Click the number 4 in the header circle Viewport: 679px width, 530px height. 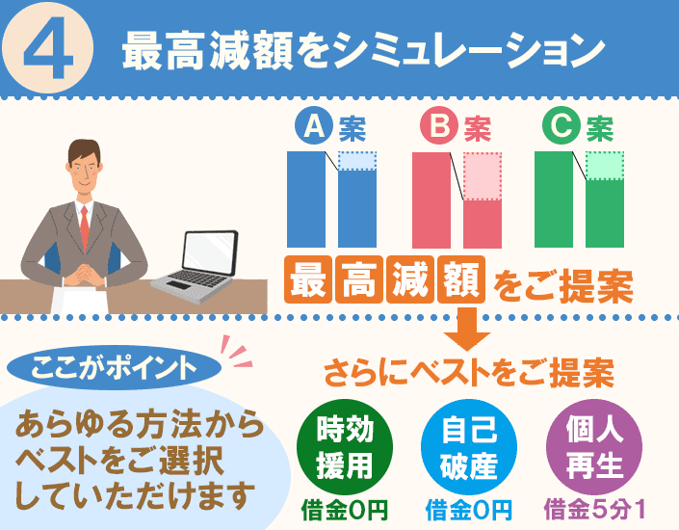[47, 47]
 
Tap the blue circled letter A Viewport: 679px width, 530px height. [314, 125]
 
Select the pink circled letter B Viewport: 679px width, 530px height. [439, 125]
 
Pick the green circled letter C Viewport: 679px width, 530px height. [561, 125]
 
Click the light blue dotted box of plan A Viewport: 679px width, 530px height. [357, 161]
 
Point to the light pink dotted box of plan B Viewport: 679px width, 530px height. [483, 176]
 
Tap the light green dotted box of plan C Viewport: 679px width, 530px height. [605, 166]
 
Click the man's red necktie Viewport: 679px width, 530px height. [85, 227]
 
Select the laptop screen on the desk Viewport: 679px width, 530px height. [210, 252]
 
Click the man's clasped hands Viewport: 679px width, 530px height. [85, 274]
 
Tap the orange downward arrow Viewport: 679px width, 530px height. [467, 330]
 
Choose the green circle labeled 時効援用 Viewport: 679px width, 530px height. [345, 447]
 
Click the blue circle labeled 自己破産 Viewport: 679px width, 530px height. [469, 447]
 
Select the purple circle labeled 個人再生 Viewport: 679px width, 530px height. [594, 447]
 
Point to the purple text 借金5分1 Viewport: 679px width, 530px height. [594, 510]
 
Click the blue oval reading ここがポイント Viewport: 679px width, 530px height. [115, 367]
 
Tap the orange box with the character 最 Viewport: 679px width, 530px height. [308, 279]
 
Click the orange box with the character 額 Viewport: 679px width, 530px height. [461, 279]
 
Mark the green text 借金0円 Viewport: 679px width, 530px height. [345, 510]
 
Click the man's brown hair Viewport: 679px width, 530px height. [85, 149]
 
